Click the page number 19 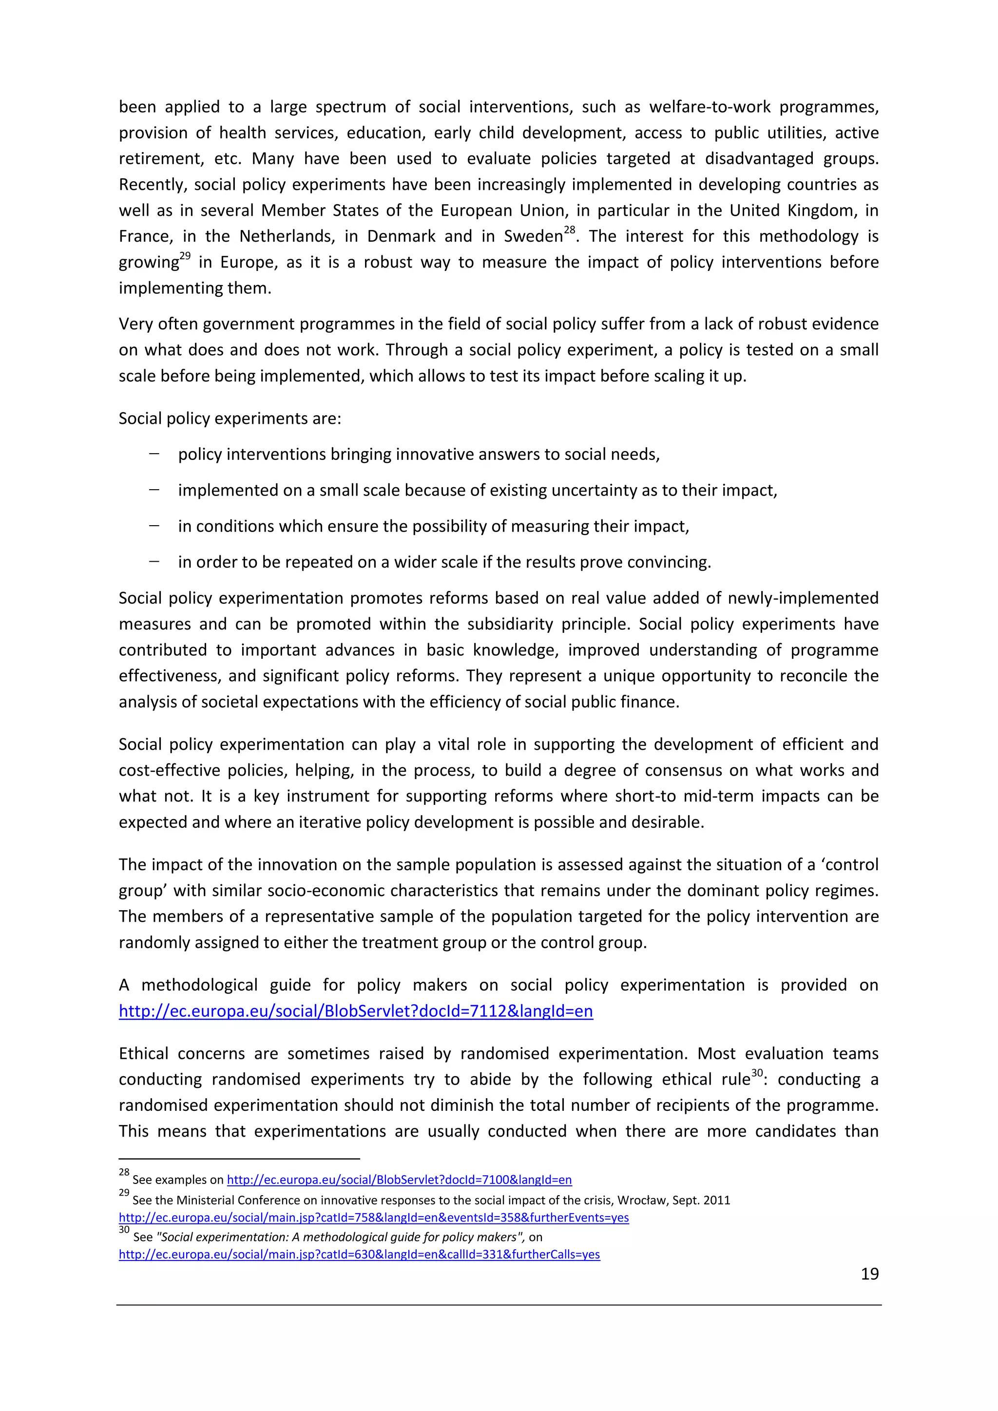869,1274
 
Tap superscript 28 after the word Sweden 570,230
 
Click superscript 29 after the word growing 185,256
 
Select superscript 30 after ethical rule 757,1073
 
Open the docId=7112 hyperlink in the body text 356,1011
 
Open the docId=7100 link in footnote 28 400,1180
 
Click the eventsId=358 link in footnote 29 374,1218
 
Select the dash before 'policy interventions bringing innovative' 154,454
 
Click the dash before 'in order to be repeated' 154,562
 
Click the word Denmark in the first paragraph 401,237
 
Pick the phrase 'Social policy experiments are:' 230,419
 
